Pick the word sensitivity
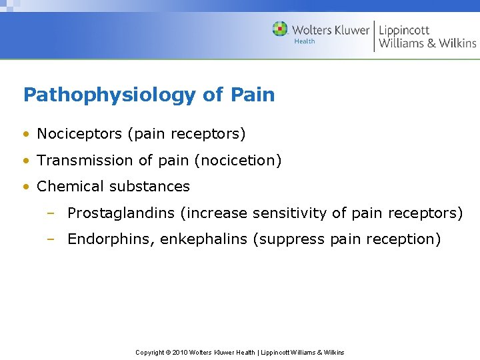[289, 213]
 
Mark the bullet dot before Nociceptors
[26, 134]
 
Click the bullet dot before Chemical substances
[26, 187]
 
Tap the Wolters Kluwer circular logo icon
[280, 29]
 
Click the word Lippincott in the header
[404, 30]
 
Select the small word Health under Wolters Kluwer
[304, 41]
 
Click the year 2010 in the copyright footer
[179, 352]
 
